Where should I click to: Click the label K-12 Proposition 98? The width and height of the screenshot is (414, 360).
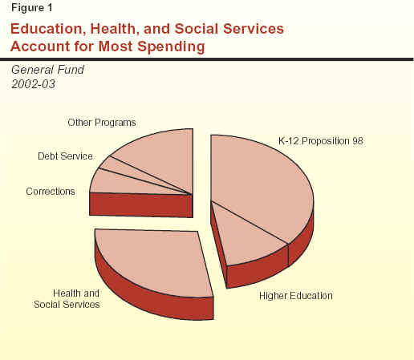321,141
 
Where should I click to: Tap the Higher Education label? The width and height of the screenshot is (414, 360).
296,296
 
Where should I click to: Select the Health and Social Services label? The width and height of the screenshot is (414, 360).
67,299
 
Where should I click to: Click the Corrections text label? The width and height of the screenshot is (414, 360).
51,192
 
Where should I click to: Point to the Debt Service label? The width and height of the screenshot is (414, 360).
65,156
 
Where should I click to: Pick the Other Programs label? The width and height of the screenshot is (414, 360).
102,123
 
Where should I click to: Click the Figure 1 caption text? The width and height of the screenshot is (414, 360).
32,8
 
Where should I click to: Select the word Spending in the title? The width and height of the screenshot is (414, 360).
171,47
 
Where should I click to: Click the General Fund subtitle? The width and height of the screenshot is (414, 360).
47,70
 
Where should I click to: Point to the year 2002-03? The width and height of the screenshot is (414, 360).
33,84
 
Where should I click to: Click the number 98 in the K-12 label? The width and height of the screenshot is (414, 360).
357,141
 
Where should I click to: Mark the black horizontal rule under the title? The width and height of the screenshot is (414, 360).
207,59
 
